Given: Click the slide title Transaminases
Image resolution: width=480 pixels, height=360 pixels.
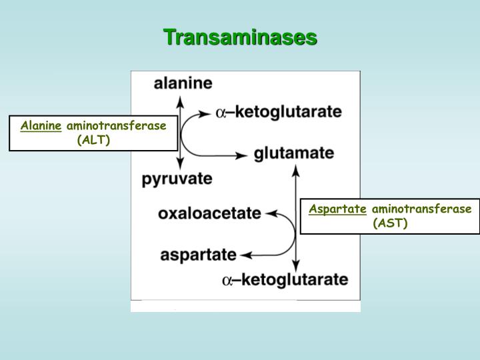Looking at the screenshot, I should [240, 37].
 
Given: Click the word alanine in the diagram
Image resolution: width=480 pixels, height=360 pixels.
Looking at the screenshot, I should [183, 83].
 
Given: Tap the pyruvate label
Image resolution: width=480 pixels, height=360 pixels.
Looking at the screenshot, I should [177, 179].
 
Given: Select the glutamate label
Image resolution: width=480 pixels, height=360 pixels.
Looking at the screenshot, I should [294, 153].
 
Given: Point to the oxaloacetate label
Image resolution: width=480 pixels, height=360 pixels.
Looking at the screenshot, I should [209, 214].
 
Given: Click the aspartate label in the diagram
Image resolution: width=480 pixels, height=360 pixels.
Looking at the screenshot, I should [199, 255].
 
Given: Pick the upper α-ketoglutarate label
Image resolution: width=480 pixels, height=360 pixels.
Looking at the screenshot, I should [279, 112].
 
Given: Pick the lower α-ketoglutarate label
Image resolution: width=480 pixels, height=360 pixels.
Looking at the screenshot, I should [285, 279].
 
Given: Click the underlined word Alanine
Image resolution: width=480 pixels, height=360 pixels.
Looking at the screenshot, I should [41, 125].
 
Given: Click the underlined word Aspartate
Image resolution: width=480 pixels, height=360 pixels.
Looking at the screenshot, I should [337, 209].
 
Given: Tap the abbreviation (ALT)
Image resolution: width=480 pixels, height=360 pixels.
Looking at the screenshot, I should [93, 140].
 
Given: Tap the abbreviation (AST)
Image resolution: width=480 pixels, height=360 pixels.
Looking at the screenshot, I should [390, 223].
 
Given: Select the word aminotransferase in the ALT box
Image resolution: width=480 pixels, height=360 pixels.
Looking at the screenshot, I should [116, 125].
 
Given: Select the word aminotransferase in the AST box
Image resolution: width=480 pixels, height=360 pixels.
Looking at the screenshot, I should [421, 209].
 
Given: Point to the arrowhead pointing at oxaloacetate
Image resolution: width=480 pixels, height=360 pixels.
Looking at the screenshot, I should [271, 214].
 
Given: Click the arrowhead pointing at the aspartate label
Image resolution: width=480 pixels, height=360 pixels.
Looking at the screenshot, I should [245, 255].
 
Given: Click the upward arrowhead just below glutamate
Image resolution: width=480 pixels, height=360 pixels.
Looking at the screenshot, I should [296, 170].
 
